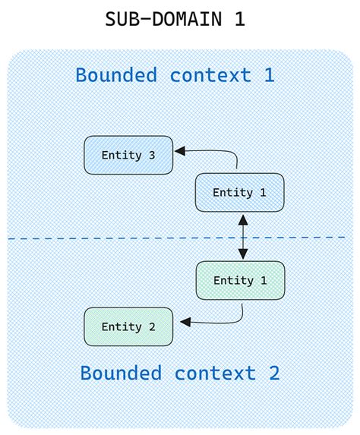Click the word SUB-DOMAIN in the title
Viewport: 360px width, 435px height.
pos(159,19)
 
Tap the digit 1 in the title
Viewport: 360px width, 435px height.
pos(239,19)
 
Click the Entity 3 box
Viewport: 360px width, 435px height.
pos(128,155)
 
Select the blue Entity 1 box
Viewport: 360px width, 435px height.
pos(240,192)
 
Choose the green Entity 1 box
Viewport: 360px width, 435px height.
pos(240,280)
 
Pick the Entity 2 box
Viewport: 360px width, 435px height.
pos(128,326)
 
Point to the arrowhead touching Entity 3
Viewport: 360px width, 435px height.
pos(179,151)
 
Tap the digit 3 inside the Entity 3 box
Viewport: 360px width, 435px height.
pos(151,155)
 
